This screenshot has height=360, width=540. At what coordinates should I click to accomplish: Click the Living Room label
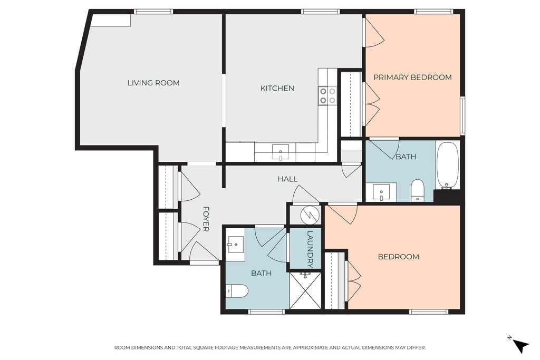(x=153, y=83)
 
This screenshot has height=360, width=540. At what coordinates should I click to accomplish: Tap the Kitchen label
(x=277, y=89)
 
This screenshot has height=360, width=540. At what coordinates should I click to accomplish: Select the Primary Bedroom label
(x=412, y=77)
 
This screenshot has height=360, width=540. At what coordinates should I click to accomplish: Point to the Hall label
(x=287, y=179)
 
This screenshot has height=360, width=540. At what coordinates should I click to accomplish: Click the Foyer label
(x=206, y=219)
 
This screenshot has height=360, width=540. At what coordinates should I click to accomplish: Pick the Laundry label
(x=310, y=249)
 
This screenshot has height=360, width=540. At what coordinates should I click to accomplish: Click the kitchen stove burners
(x=327, y=96)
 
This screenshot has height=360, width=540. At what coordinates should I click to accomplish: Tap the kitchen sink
(x=281, y=152)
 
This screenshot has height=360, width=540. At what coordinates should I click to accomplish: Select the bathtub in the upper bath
(x=447, y=166)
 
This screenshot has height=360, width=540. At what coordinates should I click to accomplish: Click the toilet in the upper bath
(x=418, y=190)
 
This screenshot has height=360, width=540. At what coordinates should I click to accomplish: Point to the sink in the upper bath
(x=381, y=192)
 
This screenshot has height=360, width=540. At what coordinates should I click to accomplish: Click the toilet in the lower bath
(x=237, y=291)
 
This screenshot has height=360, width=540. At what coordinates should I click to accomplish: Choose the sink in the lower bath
(x=236, y=245)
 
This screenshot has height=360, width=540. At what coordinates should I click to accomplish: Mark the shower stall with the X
(x=305, y=290)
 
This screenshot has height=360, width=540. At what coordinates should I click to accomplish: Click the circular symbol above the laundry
(x=310, y=215)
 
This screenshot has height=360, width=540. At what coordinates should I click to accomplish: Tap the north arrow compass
(x=520, y=345)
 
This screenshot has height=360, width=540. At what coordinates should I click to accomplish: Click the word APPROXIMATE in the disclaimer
(x=310, y=347)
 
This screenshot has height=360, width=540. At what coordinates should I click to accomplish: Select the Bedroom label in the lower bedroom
(x=399, y=257)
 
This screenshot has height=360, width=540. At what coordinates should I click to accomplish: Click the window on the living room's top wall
(x=153, y=12)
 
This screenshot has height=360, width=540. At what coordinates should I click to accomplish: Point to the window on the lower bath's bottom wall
(x=266, y=312)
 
